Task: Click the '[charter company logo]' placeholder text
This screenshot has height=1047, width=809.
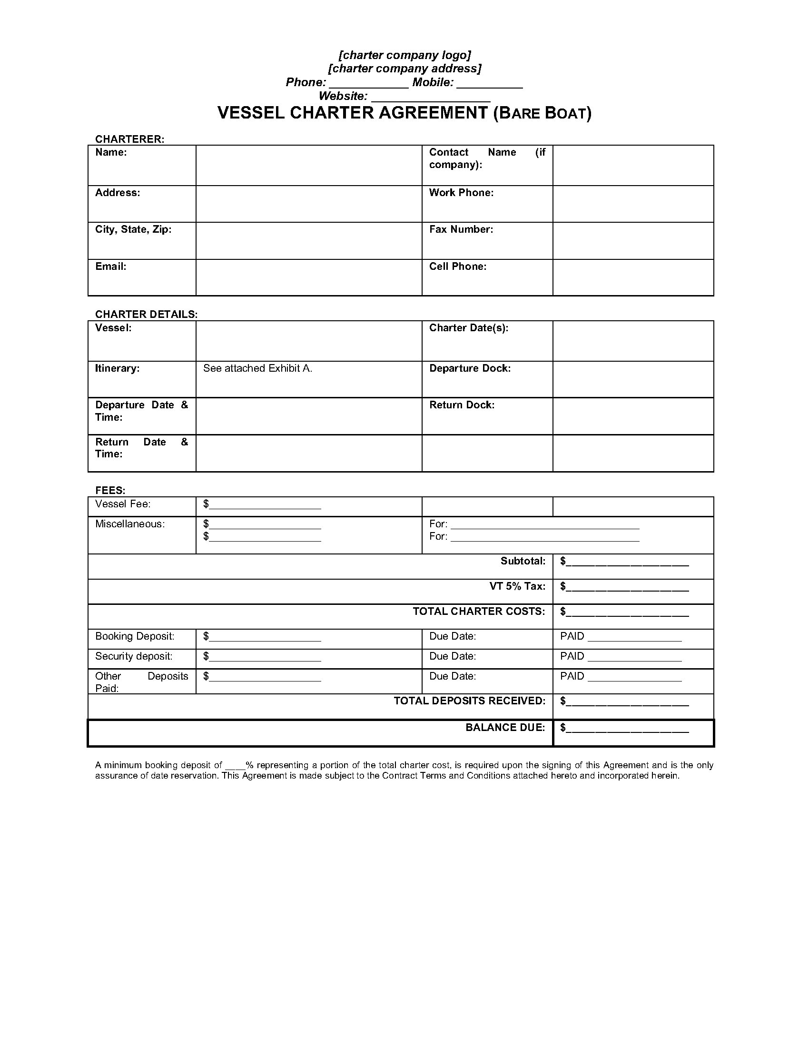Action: coord(404,55)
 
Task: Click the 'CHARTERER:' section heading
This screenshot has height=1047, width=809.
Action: coord(129,139)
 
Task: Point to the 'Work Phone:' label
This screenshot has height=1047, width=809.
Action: coord(461,193)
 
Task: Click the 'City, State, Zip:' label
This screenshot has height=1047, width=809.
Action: coord(133,229)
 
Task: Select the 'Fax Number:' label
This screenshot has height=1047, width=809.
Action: coord(461,229)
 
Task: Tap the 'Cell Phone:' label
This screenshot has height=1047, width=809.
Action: coord(458,267)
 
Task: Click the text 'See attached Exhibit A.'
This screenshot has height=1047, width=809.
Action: coord(257,368)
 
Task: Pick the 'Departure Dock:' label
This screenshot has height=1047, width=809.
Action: coord(470,368)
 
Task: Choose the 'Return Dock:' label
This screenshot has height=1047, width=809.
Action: coord(462,405)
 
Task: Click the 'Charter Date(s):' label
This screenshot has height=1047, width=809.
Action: coord(469,328)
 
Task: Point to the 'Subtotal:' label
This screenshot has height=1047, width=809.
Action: coord(523,561)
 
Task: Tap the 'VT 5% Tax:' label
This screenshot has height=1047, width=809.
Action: coord(517,586)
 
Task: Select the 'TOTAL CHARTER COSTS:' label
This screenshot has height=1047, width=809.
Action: coord(479,611)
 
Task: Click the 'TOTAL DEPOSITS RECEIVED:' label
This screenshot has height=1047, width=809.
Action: coord(469,701)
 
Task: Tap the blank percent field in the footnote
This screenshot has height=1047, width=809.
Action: coord(235,766)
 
